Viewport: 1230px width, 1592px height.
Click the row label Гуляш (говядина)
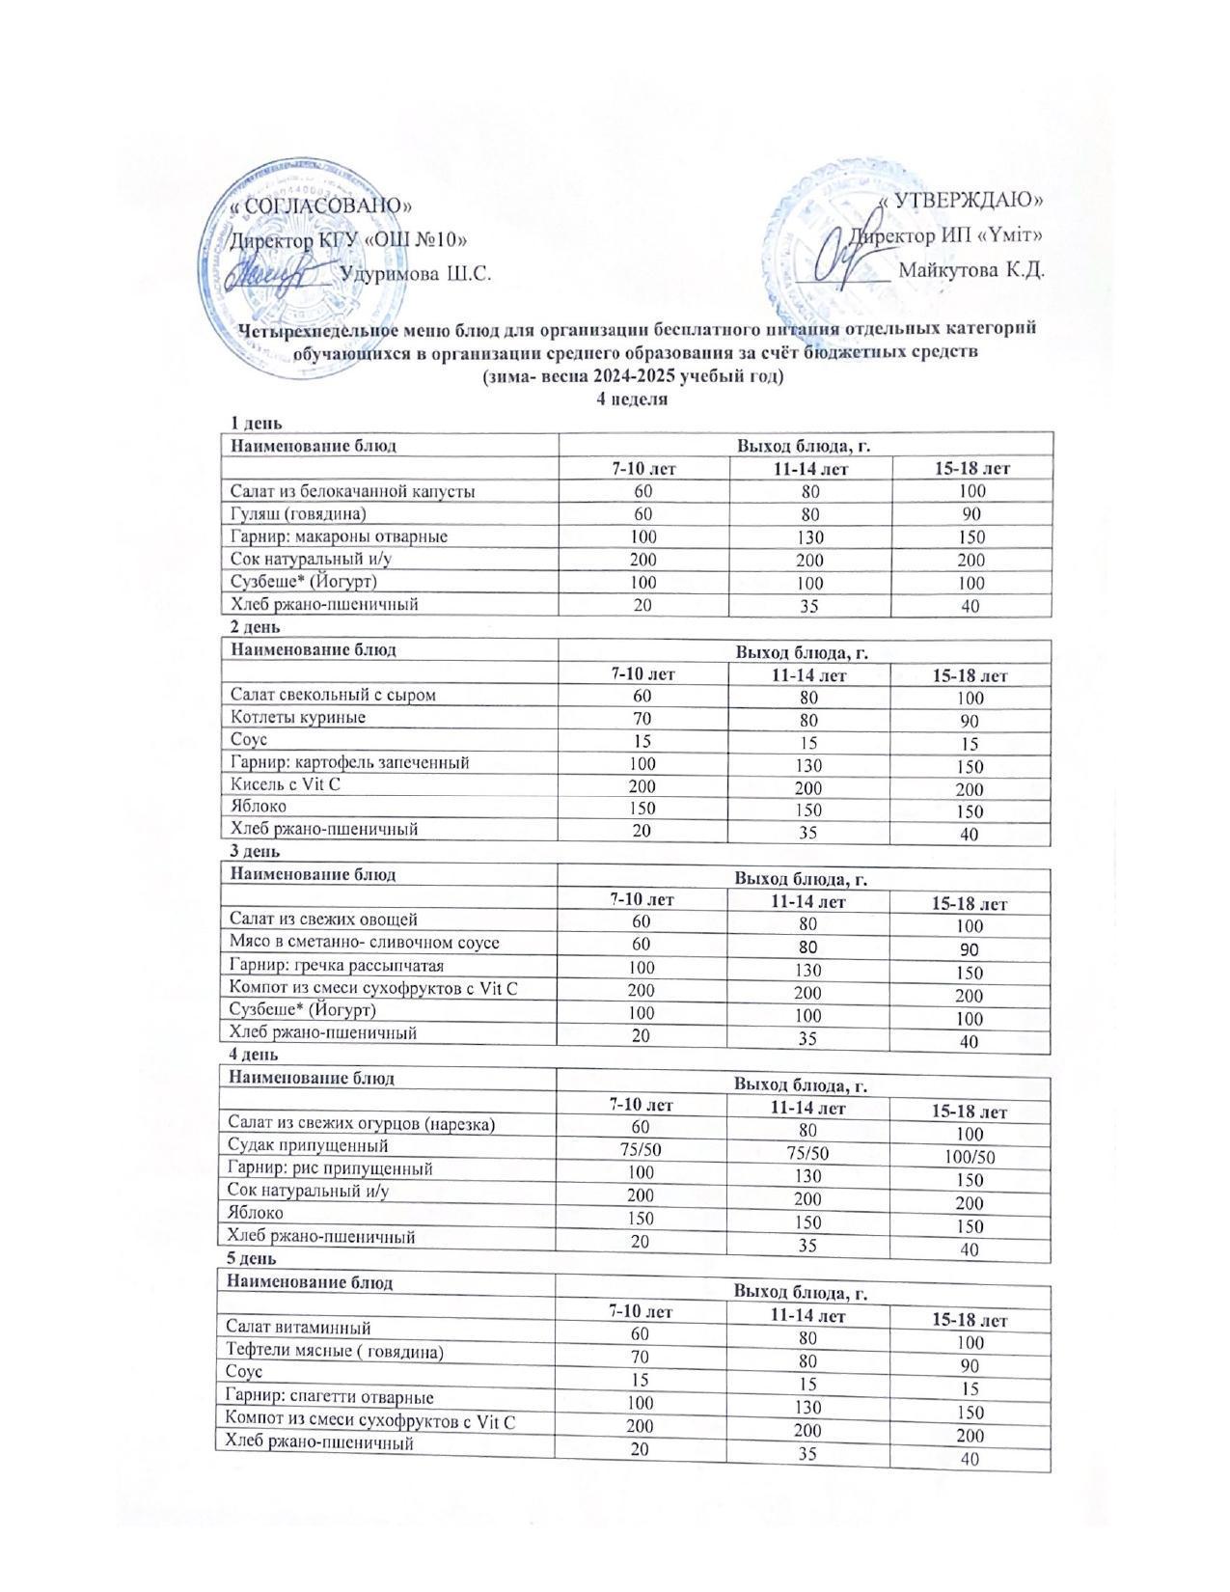[x=298, y=513]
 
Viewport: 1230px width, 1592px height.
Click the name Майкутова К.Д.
[x=971, y=269]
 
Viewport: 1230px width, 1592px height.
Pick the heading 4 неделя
[x=633, y=398]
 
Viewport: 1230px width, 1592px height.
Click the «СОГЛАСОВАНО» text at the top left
[x=322, y=206]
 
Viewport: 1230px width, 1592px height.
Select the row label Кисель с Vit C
[x=285, y=784]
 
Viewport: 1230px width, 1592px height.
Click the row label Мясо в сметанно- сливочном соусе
[x=364, y=943]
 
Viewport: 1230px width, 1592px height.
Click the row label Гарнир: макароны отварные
[x=338, y=536]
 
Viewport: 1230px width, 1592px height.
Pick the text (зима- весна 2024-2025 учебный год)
[x=633, y=376]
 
